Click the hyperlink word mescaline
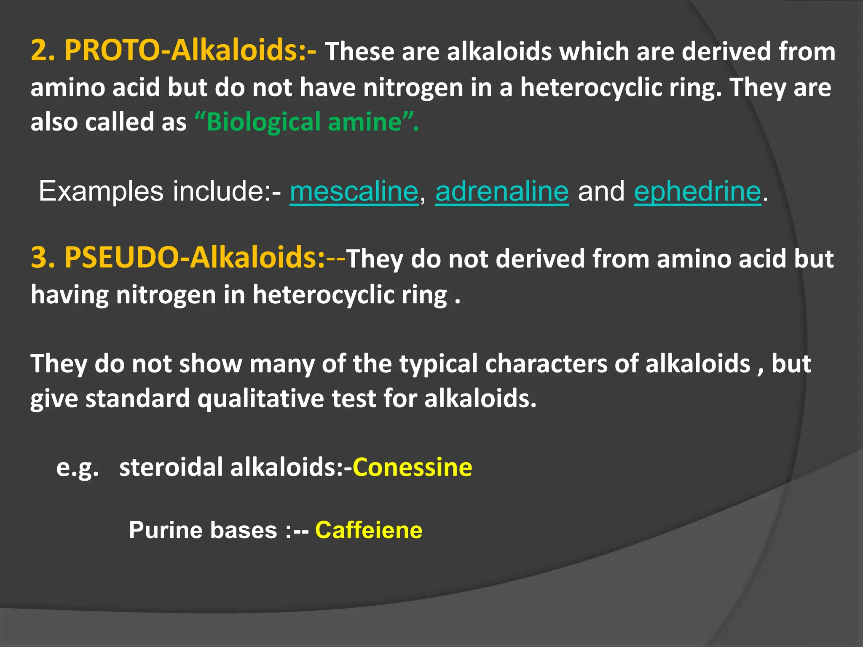click(x=354, y=192)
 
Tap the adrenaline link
click(x=502, y=192)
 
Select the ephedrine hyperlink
click(x=697, y=192)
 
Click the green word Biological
click(x=263, y=122)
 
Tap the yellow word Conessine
click(x=412, y=468)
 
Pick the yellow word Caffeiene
click(x=369, y=530)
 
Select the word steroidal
click(x=171, y=468)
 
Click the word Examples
click(x=101, y=192)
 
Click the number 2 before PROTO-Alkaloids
click(x=40, y=51)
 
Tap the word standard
click(x=137, y=399)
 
